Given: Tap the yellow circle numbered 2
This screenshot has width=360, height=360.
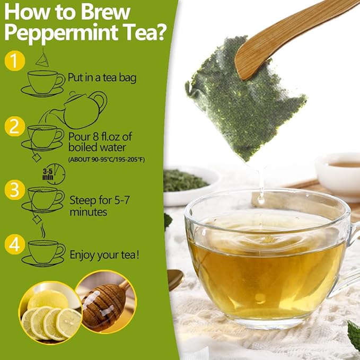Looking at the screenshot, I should (x=14, y=127).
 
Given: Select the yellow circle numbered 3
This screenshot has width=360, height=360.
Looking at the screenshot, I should (x=14, y=190).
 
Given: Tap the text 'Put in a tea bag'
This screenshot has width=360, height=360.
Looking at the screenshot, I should (x=102, y=78).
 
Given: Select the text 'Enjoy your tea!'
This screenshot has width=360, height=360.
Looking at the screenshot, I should (x=105, y=255).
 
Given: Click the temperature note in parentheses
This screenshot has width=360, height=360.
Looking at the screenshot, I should (x=113, y=159).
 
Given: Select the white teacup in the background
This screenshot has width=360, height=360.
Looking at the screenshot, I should (x=339, y=172).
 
